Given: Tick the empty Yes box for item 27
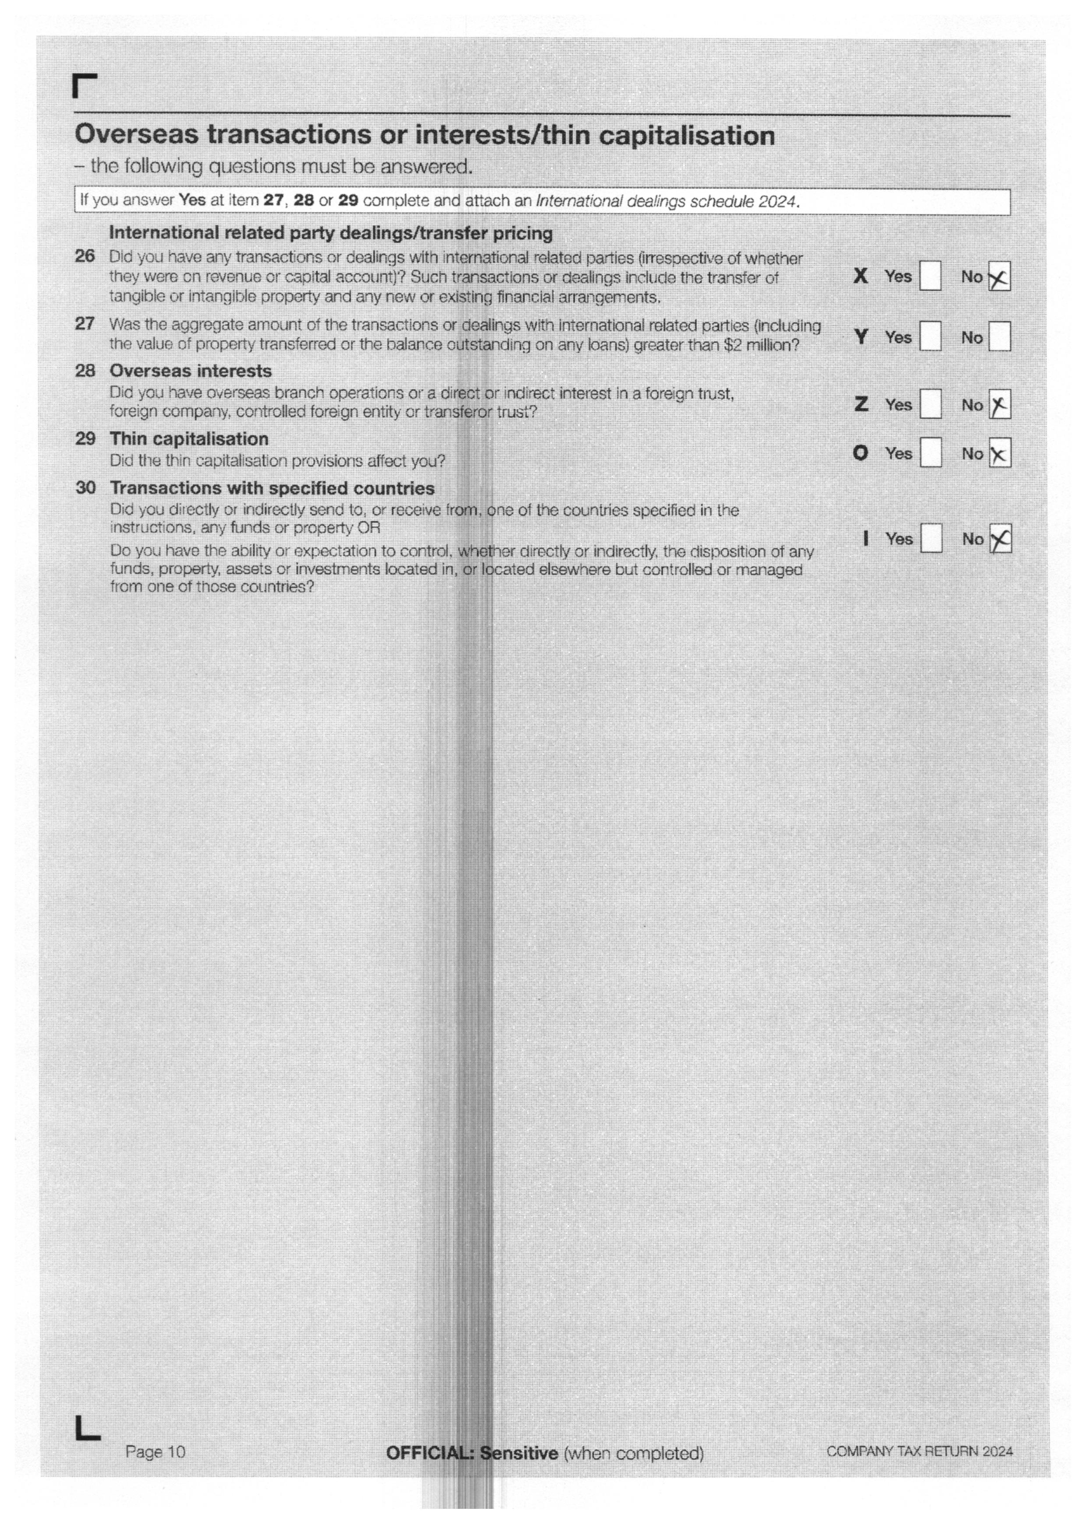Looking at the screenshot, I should point(930,336).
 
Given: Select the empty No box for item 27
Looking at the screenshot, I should point(999,336).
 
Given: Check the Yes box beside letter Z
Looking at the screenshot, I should point(930,404).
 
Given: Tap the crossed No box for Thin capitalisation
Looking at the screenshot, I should point(999,454).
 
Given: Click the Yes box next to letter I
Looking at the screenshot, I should point(931,539).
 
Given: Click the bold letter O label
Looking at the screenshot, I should point(860,454).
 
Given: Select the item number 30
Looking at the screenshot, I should point(85,488).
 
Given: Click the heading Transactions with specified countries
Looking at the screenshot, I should point(272,488).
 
